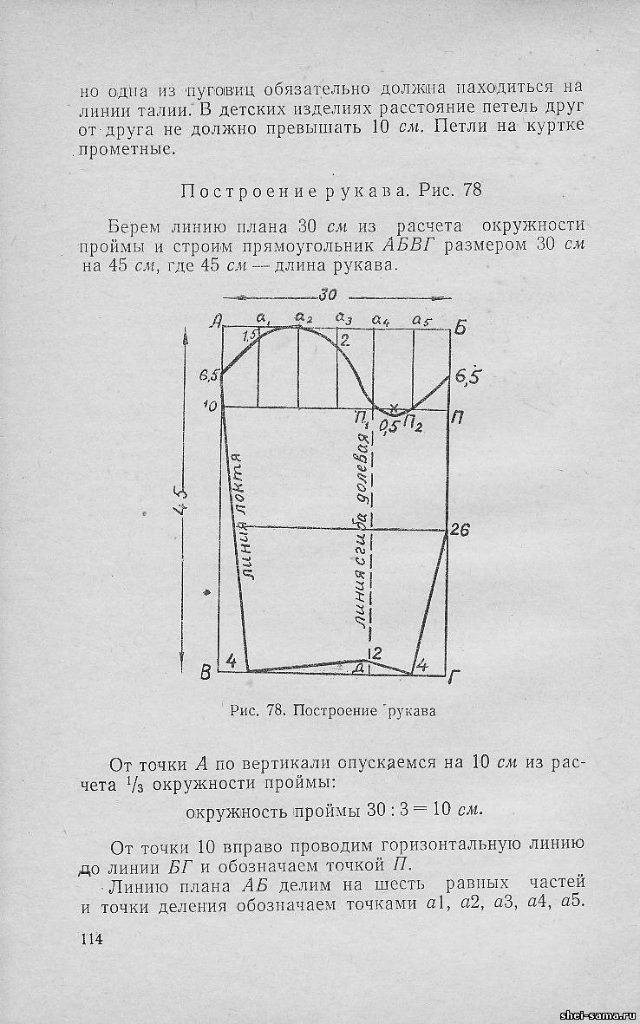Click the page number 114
tap(91, 940)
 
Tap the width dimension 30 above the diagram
tap(327, 295)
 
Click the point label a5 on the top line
tap(422, 320)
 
